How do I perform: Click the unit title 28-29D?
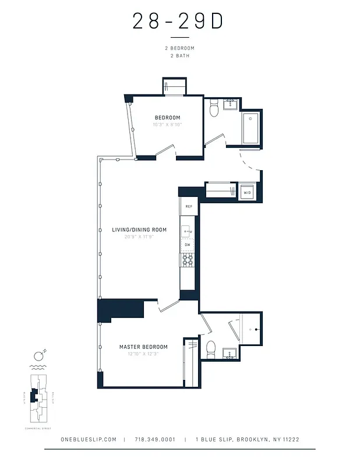tap(178, 21)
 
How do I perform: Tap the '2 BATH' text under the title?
tap(178, 56)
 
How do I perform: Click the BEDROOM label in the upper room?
tap(167, 118)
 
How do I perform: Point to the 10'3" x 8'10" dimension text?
tap(167, 125)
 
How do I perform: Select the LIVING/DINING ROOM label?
tap(139, 230)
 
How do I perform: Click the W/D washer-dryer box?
tap(247, 192)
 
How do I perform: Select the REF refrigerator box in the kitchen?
tap(189, 206)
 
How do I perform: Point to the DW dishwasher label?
tap(188, 245)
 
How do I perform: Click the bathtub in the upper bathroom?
tap(252, 128)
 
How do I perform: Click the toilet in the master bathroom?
tap(211, 349)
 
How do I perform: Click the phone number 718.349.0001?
tap(154, 440)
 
